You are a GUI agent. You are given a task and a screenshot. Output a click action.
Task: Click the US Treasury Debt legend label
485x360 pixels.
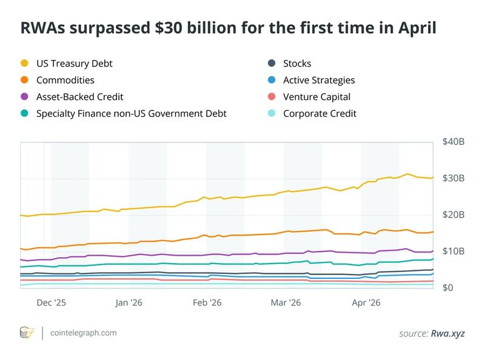75,63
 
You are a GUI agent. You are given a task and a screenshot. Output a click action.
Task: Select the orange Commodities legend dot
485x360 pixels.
24,80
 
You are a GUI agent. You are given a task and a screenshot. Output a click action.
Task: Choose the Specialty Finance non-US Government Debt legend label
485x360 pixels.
132,113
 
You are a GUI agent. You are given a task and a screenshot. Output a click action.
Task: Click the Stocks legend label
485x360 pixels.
297,63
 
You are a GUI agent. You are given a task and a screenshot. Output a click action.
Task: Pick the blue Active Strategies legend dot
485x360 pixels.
271,80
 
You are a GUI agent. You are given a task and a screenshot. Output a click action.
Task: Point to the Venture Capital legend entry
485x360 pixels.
316,96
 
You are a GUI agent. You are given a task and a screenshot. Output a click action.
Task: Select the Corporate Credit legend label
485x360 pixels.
319,113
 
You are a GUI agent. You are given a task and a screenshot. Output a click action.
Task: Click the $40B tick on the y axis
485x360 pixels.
453,142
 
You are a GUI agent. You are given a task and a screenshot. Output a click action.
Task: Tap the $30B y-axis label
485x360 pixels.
453,179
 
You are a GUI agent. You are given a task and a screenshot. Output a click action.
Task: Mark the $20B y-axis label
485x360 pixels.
453,215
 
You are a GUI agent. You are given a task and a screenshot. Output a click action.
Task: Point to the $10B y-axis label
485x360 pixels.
453,252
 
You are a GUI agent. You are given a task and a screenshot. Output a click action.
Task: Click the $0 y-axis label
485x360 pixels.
448,288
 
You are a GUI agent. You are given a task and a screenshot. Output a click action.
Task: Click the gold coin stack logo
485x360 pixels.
27,333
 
